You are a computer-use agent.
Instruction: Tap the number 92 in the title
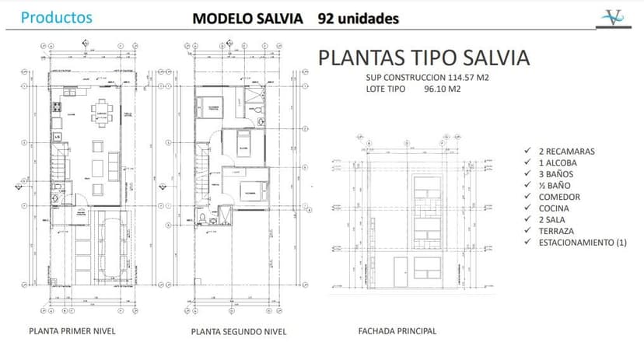click(x=327, y=18)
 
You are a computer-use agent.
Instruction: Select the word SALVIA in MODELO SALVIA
click(x=278, y=18)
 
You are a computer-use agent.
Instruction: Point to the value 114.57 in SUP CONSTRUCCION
click(x=466, y=78)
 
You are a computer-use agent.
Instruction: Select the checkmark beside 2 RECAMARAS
click(x=529, y=151)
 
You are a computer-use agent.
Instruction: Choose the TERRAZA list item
click(x=558, y=232)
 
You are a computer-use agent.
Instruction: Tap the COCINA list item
click(x=554, y=208)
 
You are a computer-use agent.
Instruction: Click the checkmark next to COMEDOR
click(x=529, y=197)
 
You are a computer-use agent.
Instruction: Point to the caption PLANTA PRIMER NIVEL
click(x=72, y=330)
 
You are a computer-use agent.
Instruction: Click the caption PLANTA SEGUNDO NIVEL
click(x=239, y=331)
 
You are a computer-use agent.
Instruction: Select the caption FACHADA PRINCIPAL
click(x=397, y=330)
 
